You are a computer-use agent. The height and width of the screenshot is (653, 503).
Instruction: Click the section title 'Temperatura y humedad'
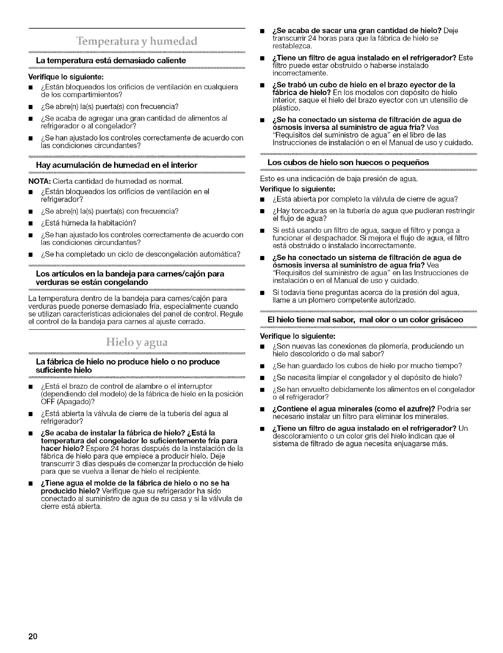point(137,42)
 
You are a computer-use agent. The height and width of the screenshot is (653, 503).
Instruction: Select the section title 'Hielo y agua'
point(137,343)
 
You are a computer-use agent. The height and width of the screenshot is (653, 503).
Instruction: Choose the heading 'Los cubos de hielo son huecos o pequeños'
point(348,162)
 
